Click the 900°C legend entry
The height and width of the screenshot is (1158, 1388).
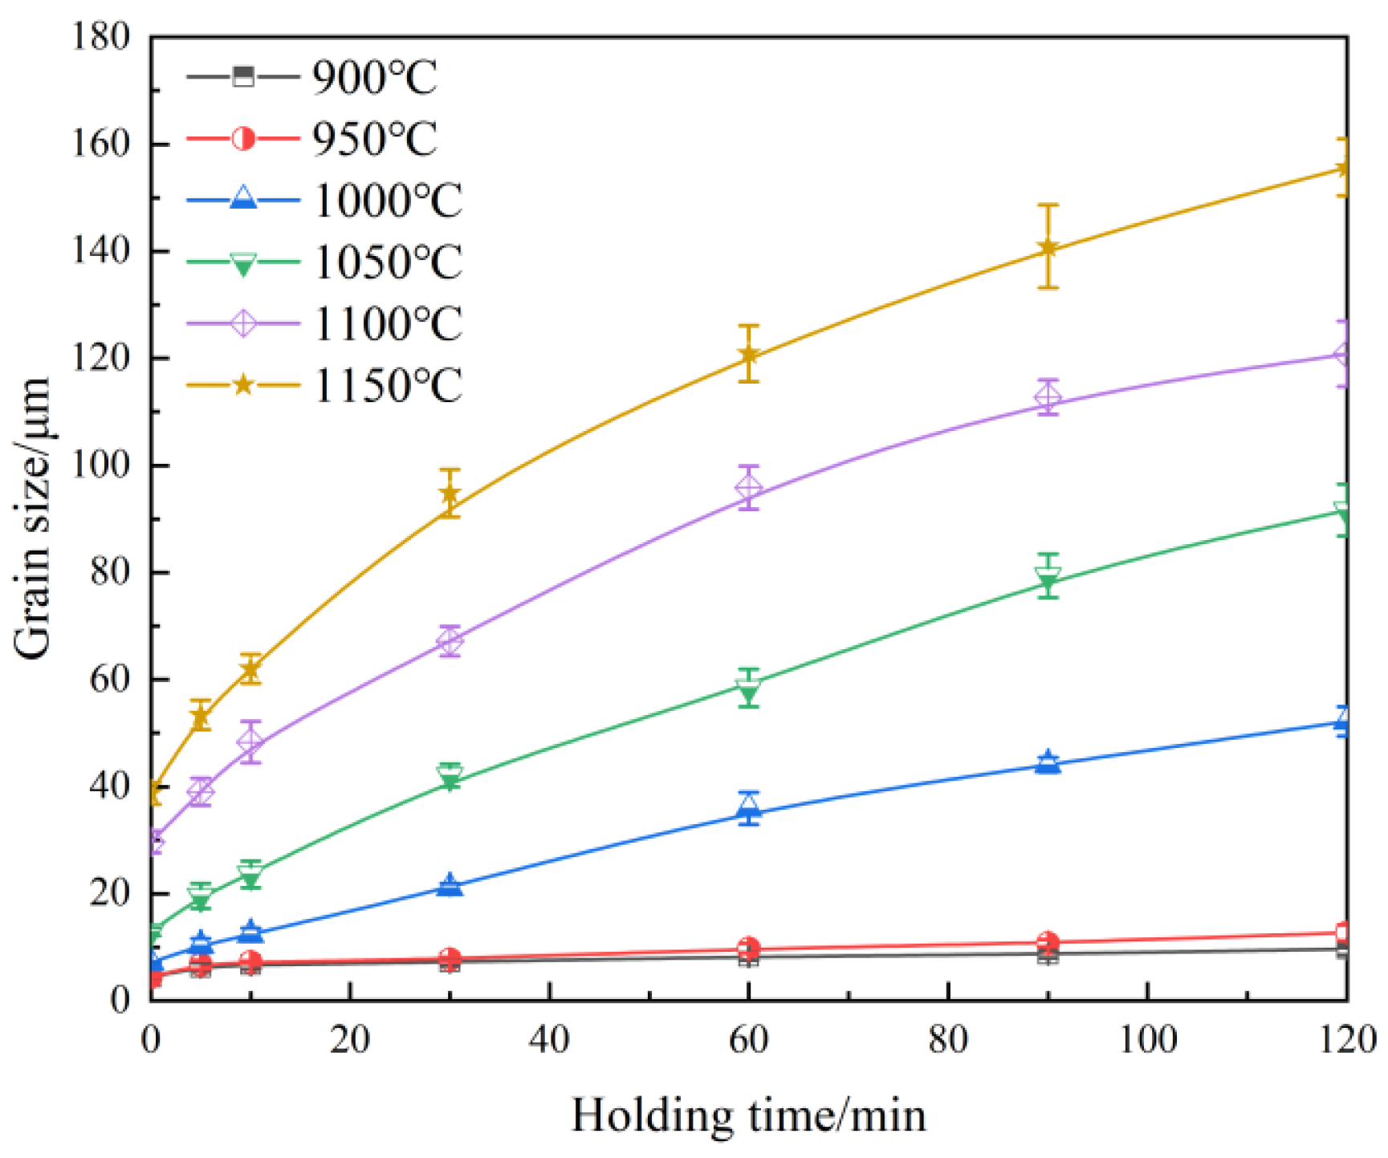pos(374,78)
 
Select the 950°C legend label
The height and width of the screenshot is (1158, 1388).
pos(374,139)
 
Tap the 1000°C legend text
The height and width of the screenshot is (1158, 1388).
pos(387,201)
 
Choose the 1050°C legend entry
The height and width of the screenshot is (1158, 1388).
pos(387,262)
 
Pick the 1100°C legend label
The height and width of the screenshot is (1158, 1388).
pos(387,323)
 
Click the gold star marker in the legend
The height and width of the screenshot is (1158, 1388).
pos(243,385)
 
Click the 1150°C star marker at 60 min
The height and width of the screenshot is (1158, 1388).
pos(748,354)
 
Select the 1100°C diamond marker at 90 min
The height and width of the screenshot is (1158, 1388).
pos(1048,397)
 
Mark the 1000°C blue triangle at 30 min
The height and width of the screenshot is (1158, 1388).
pos(450,884)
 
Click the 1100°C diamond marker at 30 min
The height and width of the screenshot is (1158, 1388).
pos(450,640)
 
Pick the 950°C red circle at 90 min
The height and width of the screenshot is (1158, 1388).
pos(1048,941)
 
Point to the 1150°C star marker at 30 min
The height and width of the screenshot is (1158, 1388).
pos(450,494)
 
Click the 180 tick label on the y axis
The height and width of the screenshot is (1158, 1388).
pos(100,37)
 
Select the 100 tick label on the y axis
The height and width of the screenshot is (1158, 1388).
pos(100,465)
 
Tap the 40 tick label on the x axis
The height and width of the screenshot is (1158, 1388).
pos(549,1040)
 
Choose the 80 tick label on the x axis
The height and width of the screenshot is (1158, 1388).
pos(948,1040)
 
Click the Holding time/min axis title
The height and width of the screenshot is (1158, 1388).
pos(748,1115)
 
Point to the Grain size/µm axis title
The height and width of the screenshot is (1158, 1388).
pos(34,518)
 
